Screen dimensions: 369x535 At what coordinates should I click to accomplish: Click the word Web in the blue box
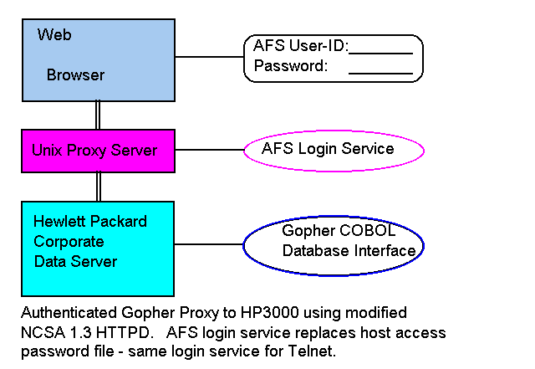(x=54, y=35)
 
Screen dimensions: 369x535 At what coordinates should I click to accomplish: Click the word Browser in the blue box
(x=75, y=75)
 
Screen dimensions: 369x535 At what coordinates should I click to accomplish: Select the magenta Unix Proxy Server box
(x=98, y=151)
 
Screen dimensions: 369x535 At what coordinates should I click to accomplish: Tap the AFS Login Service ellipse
(x=333, y=150)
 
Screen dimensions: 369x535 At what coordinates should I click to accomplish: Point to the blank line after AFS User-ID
(x=381, y=52)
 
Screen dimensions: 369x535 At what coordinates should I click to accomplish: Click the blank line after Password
(x=380, y=73)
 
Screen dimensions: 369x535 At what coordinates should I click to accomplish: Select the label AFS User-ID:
(x=300, y=47)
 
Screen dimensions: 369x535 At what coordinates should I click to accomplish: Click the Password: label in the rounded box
(x=290, y=66)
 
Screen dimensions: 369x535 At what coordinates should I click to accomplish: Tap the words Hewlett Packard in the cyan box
(x=89, y=222)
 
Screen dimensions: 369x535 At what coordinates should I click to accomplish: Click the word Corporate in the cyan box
(x=69, y=242)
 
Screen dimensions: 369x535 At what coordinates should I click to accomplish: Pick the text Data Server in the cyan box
(x=75, y=262)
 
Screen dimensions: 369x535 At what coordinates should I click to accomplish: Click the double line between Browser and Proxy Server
(x=98, y=115)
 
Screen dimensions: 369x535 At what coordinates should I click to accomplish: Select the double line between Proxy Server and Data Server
(x=98, y=187)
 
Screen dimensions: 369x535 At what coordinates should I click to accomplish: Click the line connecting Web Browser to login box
(x=209, y=57)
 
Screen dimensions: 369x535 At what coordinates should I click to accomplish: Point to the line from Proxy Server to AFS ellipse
(x=209, y=151)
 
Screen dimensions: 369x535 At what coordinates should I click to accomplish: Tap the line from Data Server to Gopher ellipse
(x=208, y=244)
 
